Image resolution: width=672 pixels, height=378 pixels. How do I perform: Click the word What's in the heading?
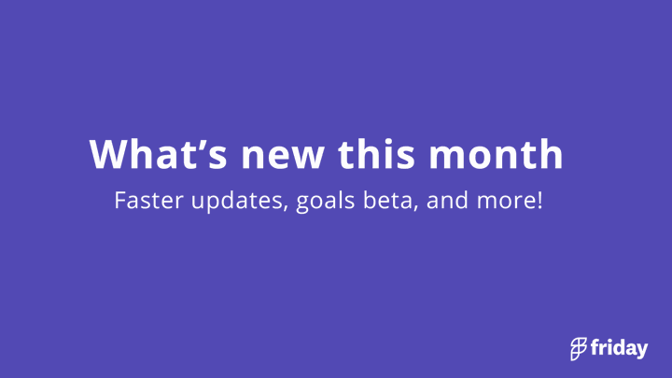(x=158, y=154)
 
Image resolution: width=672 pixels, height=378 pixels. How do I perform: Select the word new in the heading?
(x=283, y=158)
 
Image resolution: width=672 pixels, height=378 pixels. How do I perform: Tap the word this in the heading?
(x=376, y=154)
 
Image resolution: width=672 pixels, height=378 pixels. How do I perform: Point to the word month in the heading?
(x=496, y=154)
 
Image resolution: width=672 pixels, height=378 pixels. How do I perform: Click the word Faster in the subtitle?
(x=148, y=200)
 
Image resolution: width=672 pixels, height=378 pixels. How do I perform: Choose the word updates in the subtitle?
(x=238, y=202)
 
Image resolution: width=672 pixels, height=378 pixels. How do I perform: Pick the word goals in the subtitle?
(x=326, y=202)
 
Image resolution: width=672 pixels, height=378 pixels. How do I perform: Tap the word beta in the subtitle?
(x=388, y=200)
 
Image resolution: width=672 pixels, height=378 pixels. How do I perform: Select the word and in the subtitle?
(x=447, y=200)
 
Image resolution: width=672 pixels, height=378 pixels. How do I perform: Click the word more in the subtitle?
(x=506, y=202)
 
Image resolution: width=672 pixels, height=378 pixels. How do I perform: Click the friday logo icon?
(x=578, y=349)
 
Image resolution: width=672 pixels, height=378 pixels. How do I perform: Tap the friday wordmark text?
(x=620, y=348)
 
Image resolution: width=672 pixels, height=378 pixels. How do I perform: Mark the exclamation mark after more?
(x=539, y=200)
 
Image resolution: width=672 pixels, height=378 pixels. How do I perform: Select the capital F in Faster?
(x=119, y=201)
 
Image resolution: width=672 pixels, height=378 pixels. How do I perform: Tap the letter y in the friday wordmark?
(x=641, y=351)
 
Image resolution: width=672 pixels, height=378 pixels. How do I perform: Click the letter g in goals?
(x=303, y=204)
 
